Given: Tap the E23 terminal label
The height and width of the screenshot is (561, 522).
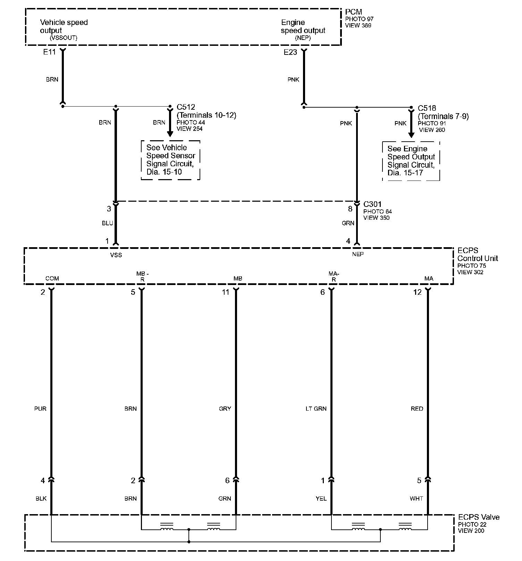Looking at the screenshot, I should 290,52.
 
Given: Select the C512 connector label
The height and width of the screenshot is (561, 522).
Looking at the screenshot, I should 186,107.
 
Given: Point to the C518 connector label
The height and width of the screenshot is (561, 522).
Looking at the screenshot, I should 427,108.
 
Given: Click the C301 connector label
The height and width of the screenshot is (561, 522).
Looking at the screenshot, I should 372,204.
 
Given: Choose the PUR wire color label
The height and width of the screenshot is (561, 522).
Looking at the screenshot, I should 40,409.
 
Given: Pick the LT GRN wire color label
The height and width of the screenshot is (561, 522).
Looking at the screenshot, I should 316,409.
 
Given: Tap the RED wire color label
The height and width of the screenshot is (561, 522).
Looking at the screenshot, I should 417,409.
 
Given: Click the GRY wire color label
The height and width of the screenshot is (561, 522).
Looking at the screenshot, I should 225,409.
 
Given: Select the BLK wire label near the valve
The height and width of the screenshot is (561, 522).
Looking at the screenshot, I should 41,499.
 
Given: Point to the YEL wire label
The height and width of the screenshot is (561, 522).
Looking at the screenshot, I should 321,499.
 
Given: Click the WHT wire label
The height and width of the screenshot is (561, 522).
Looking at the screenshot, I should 416,499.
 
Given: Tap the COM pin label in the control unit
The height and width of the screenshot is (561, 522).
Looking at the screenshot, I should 52,278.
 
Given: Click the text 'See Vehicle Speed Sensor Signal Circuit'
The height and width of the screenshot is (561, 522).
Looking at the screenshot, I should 170,160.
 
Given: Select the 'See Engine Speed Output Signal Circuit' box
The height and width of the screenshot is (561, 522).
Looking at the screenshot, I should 411,161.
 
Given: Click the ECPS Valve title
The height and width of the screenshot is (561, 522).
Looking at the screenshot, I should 479,517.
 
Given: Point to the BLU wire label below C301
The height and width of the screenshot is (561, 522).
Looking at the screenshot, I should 108,223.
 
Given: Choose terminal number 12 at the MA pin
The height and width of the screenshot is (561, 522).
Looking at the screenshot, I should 417,292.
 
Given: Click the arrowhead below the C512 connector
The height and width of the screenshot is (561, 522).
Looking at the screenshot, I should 170,134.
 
